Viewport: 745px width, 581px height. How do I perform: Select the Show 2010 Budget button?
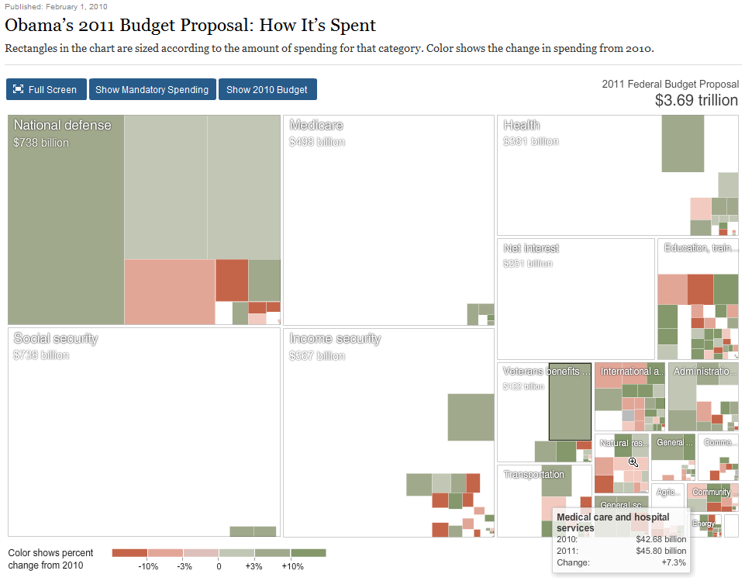point(267,89)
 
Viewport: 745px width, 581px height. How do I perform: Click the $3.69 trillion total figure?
point(695,100)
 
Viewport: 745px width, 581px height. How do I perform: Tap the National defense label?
point(62,125)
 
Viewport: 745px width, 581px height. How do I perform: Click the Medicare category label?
point(316,125)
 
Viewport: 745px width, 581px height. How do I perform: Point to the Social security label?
point(56,338)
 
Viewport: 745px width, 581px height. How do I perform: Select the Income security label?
point(335,338)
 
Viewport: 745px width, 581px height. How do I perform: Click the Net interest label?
point(531,248)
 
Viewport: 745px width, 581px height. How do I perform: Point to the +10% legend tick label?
point(292,566)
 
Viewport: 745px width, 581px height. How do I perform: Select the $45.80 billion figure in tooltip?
point(660,551)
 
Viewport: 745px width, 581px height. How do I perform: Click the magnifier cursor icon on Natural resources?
point(633,462)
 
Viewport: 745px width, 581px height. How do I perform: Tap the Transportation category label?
point(533,474)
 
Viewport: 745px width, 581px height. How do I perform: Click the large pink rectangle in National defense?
point(169,291)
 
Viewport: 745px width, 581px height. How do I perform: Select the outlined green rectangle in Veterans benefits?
point(570,401)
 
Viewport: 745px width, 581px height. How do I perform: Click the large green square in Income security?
point(471,417)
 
